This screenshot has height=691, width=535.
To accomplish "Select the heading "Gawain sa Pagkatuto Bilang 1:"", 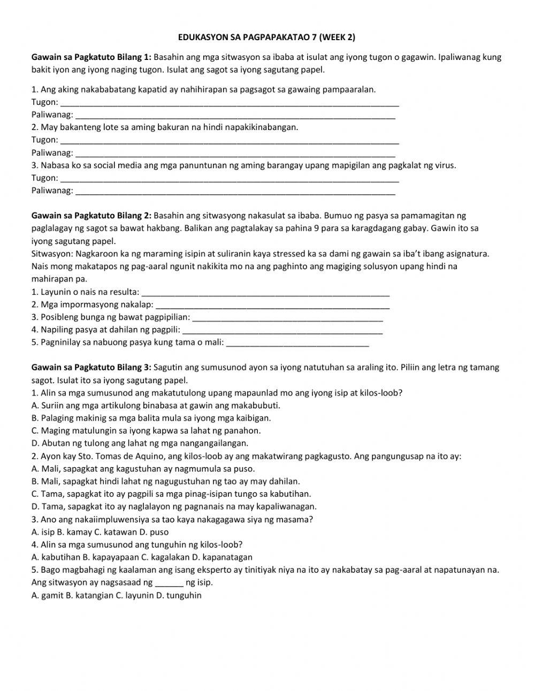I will (x=91, y=57).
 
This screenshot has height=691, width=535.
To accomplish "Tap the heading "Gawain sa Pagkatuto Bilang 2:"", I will (x=91, y=216).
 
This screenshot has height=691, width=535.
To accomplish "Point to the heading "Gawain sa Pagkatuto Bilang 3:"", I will (x=91, y=368).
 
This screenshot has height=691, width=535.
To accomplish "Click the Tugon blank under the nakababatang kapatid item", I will (x=230, y=103).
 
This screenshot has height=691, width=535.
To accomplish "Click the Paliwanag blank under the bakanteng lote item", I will (x=235, y=153).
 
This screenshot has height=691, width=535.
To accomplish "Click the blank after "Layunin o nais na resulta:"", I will (x=267, y=292).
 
